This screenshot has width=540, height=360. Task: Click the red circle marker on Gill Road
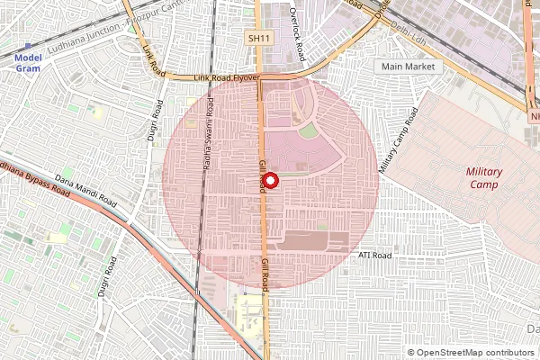271,179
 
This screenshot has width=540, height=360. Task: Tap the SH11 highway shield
258,39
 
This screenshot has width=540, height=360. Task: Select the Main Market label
408,67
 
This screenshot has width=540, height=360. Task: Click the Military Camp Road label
399,141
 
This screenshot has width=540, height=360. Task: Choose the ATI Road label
375,256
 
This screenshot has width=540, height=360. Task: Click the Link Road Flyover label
227,79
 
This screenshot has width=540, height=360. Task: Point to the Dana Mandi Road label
86,188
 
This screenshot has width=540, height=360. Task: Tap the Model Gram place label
29,63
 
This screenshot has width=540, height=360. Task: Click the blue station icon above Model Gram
29,45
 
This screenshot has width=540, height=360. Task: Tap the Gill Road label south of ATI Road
265,273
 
